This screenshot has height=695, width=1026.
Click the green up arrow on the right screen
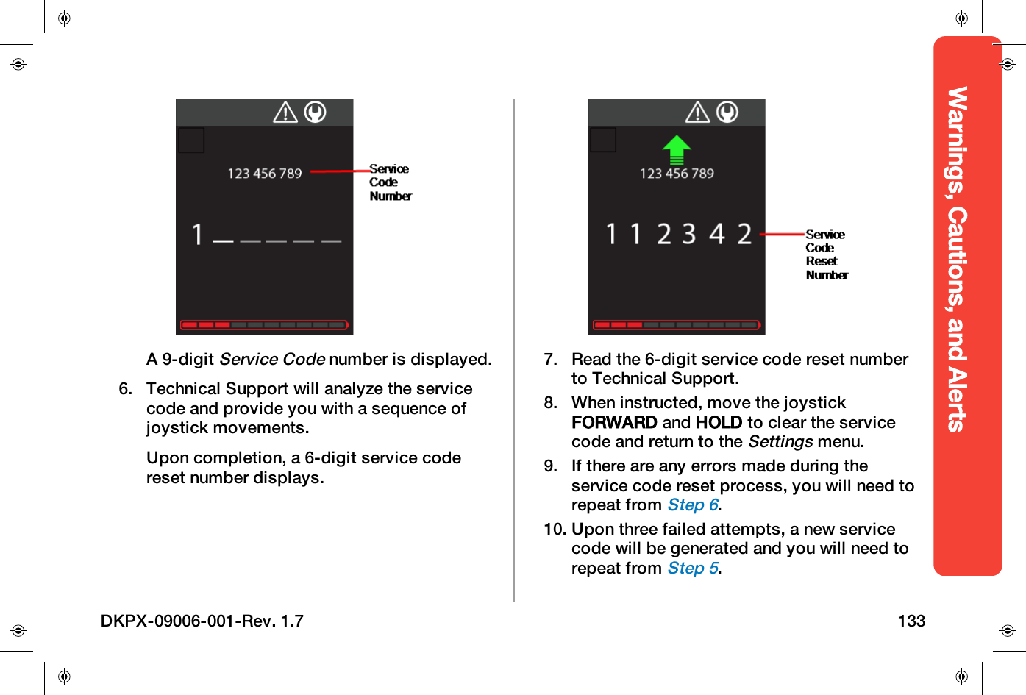click(676, 150)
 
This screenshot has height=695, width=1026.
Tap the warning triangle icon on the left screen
click(285, 113)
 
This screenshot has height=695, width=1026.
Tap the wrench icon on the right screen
click(727, 112)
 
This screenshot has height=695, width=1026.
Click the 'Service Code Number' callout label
click(390, 182)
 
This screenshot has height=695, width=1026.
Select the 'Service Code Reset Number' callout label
click(826, 254)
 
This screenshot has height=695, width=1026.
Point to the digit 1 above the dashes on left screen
click(197, 235)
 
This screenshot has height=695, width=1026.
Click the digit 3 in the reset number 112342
click(688, 234)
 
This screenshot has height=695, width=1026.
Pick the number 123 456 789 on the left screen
click(265, 174)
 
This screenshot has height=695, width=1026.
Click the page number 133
click(911, 621)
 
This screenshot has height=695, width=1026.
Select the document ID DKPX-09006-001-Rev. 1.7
click(202, 621)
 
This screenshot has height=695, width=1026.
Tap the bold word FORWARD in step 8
click(614, 422)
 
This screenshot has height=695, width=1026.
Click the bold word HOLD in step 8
click(719, 422)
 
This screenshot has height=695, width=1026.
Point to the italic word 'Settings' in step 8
click(780, 442)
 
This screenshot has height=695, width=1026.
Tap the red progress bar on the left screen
click(264, 324)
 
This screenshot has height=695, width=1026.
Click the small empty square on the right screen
click(603, 140)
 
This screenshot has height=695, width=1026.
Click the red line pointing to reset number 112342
click(782, 234)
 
